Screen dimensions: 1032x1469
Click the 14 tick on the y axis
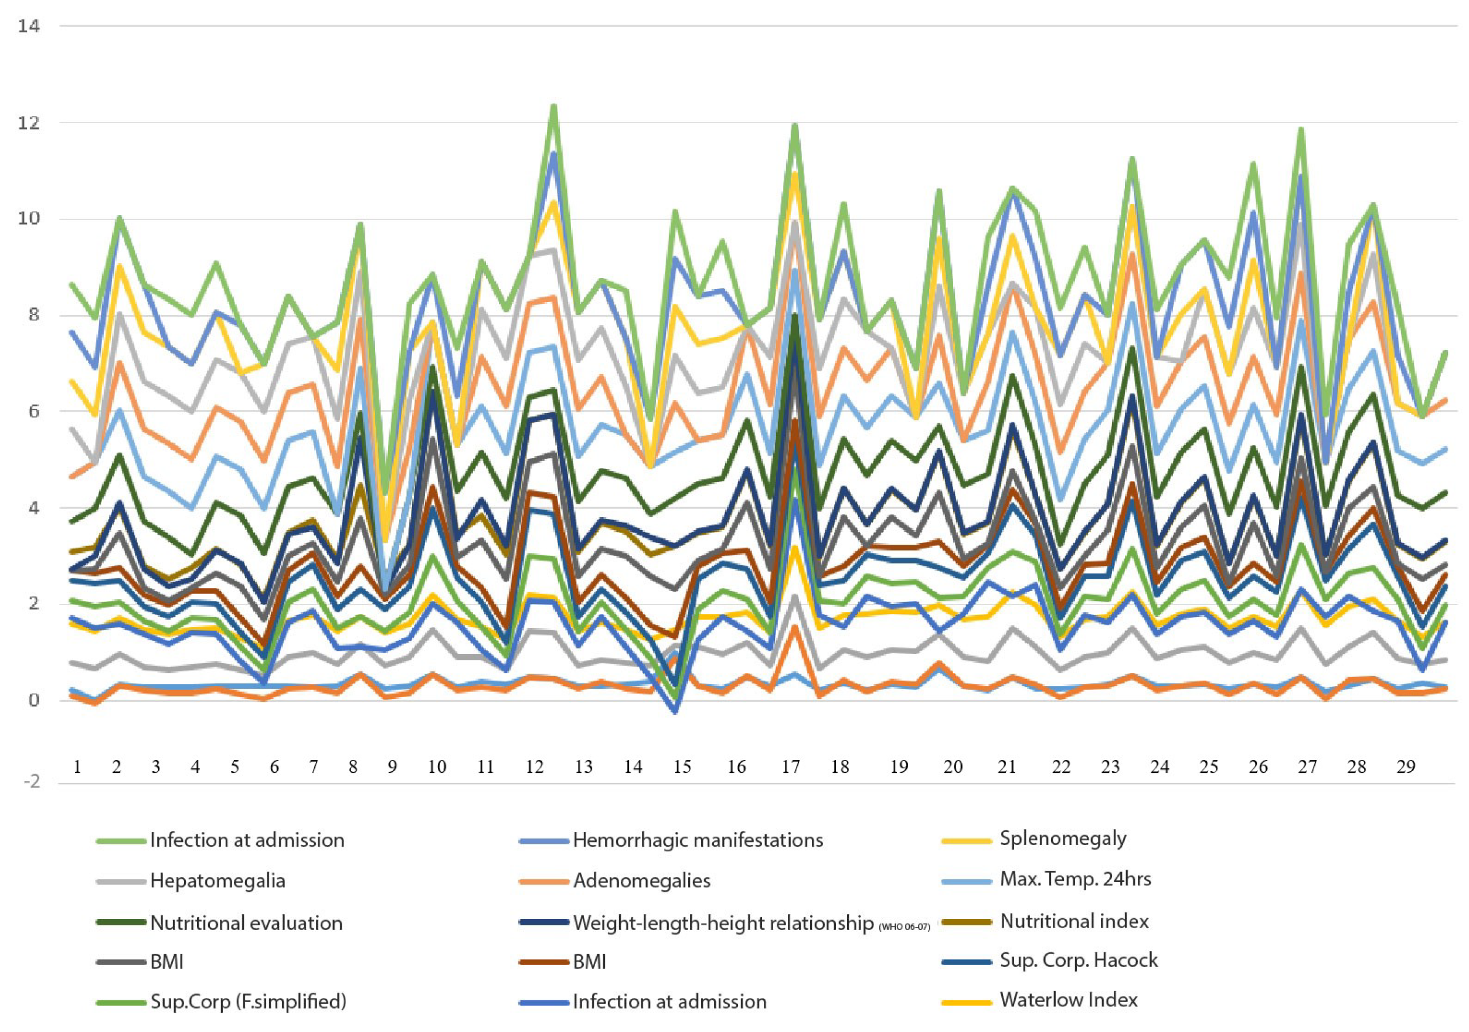[x=29, y=26]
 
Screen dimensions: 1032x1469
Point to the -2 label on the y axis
[x=29, y=781]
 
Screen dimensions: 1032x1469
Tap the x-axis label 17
[x=791, y=766]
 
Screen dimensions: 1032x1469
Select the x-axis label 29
[x=1406, y=766]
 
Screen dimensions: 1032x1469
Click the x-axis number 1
[x=77, y=766]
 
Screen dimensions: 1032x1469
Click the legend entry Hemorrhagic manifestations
[x=698, y=840]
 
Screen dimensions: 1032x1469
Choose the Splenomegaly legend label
[x=1063, y=838]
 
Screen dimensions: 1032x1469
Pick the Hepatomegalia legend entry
[x=217, y=881]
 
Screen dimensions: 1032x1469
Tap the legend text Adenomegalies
[x=642, y=881]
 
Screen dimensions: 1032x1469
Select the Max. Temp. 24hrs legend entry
[x=1075, y=879]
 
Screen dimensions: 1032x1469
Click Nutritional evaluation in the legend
[x=246, y=924]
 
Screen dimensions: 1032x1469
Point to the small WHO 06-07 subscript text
[x=904, y=927]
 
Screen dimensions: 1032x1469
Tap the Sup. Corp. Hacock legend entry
[x=1079, y=960]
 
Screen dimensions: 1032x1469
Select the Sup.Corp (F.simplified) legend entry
[x=248, y=1002]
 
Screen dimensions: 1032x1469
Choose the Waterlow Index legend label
[x=1069, y=1000]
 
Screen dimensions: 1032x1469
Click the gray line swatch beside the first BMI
[x=120, y=962]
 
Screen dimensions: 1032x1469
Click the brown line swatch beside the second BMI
[x=544, y=962]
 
